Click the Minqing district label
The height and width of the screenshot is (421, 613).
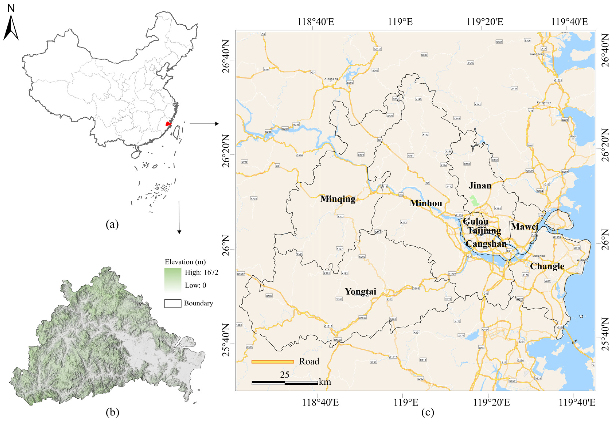pyautogui.click(x=338, y=199)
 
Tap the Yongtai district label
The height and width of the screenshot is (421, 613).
pyautogui.click(x=361, y=291)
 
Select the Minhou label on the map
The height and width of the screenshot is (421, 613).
pyautogui.click(x=426, y=203)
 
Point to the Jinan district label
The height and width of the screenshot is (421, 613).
pyautogui.click(x=480, y=186)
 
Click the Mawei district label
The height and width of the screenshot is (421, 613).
pyautogui.click(x=524, y=226)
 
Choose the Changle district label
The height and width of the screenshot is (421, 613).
pyautogui.click(x=547, y=266)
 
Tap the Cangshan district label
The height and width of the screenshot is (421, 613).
pyautogui.click(x=486, y=243)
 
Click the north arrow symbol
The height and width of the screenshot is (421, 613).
pyautogui.click(x=11, y=26)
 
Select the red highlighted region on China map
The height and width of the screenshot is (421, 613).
pyautogui.click(x=168, y=124)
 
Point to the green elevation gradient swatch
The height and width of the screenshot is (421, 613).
pyautogui.click(x=173, y=280)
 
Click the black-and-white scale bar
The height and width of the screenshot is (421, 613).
pyautogui.click(x=285, y=383)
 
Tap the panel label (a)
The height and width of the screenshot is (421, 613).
pyautogui.click(x=112, y=225)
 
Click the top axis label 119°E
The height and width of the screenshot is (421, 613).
pyautogui.click(x=400, y=22)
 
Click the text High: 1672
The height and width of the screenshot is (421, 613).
pyautogui.click(x=202, y=272)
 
